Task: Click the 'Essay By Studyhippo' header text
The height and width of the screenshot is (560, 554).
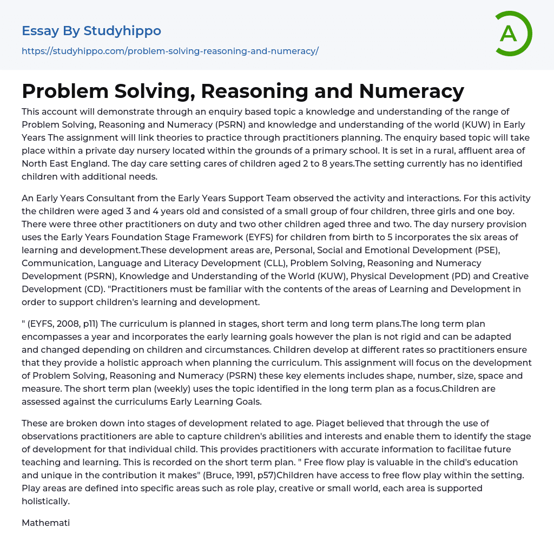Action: [x=91, y=31]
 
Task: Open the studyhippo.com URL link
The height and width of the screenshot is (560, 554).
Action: [x=170, y=51]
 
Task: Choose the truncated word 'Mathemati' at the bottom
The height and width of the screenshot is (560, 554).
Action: [x=46, y=523]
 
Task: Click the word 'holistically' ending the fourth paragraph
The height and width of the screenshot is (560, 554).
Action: [x=46, y=501]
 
